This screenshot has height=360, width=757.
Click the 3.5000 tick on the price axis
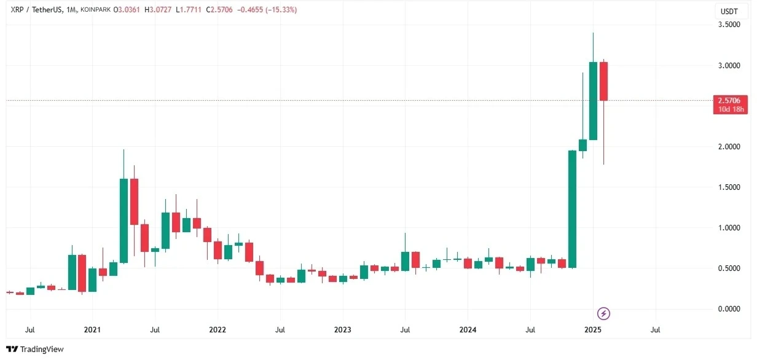(x=729, y=25)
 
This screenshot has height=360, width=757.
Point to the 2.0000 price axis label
(x=729, y=146)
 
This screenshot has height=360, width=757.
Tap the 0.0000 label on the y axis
(x=729, y=308)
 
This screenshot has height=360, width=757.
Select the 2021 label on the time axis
(x=92, y=329)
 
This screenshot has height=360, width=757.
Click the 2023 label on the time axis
(x=343, y=329)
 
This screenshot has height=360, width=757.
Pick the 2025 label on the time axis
(x=593, y=329)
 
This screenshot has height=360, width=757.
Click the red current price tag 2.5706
(x=731, y=104)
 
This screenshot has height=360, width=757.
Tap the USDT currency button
(x=729, y=12)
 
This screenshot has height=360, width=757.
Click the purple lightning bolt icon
(x=603, y=314)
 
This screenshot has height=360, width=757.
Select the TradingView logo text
(x=42, y=349)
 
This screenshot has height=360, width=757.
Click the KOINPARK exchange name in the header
(x=96, y=10)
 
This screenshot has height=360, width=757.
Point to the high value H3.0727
(x=158, y=10)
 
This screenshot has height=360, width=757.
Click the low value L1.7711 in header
(x=189, y=10)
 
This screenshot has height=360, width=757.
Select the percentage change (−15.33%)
(x=281, y=10)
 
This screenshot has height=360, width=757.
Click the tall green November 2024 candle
(x=572, y=209)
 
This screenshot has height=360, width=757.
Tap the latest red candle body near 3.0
(x=603, y=81)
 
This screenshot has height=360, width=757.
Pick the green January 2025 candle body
(x=593, y=101)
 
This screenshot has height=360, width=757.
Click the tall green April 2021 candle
(x=124, y=221)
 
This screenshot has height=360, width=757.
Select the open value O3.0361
(x=127, y=10)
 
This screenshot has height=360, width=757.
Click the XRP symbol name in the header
(x=17, y=10)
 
